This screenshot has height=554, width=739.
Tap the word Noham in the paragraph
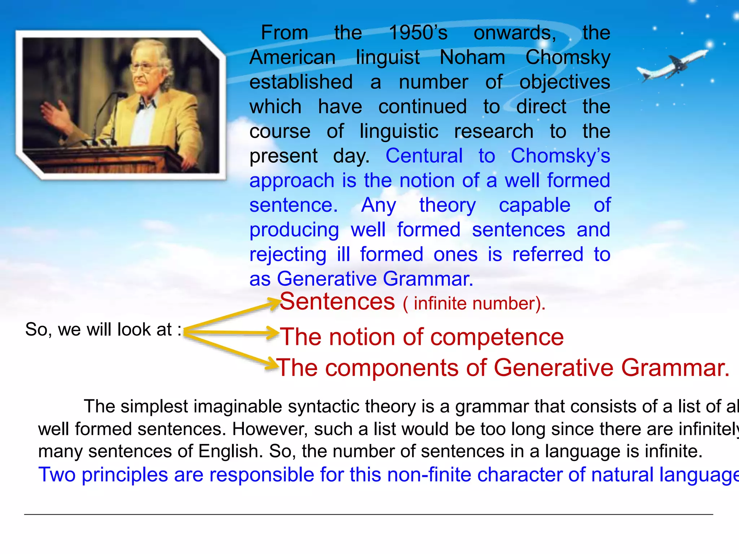point(472,57)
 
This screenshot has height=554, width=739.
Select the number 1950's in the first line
point(418,33)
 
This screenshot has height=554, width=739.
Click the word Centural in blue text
point(424,156)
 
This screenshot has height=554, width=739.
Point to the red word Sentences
point(337,302)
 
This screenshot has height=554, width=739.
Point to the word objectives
point(564,82)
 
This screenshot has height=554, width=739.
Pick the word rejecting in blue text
point(288,255)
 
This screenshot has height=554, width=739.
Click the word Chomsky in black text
point(568,57)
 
